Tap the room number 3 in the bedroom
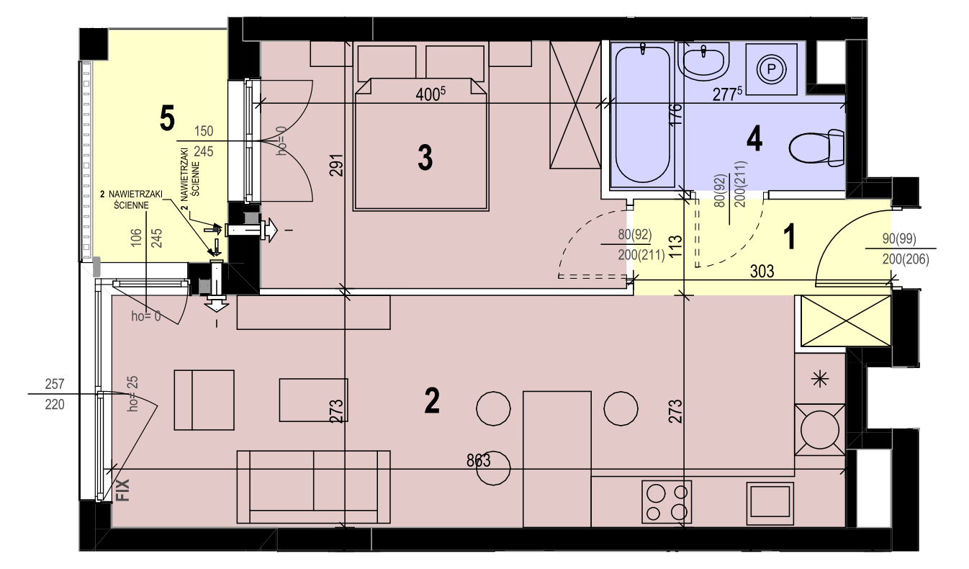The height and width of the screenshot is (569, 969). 425,158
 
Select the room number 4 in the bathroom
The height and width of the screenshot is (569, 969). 754,139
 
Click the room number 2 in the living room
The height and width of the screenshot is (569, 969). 432,400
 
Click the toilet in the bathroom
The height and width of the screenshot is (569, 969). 816,148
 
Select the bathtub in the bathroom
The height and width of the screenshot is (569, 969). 642,115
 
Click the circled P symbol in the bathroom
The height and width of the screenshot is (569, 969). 771,69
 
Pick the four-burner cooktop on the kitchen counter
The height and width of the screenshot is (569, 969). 667,502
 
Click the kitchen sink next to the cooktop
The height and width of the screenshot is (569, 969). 770,501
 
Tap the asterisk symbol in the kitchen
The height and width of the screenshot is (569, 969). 820,380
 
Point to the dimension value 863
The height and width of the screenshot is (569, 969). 479,460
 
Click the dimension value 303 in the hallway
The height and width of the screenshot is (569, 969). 762,272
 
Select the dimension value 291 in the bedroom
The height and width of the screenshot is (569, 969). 336,165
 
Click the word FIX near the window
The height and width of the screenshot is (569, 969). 123,490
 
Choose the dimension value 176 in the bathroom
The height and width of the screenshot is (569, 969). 676,114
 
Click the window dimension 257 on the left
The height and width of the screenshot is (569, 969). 55,384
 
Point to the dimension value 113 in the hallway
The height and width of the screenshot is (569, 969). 675,246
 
